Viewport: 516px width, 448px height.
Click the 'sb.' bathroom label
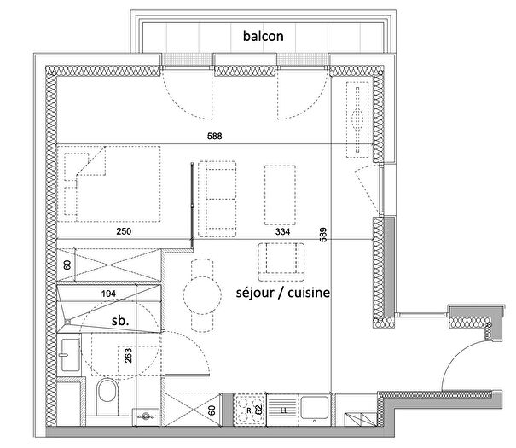coord(120,320)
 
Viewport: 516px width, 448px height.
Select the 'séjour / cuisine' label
coord(281,292)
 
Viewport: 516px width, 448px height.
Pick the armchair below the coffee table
coord(281,259)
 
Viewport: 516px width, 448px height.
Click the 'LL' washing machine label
coord(282,410)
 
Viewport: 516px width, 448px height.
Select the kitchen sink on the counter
coord(313,409)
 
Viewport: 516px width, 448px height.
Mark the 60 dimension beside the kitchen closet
coord(211,410)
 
